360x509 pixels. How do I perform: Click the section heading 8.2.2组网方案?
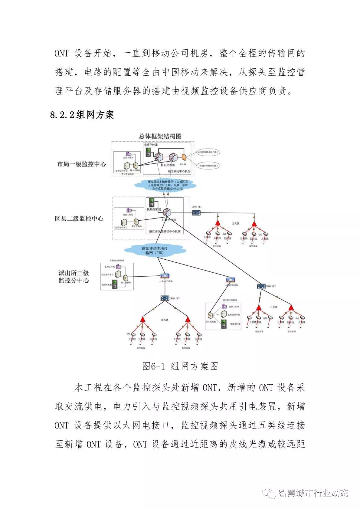(82, 115)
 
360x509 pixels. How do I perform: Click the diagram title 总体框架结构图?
(160, 136)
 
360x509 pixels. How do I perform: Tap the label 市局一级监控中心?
(82, 164)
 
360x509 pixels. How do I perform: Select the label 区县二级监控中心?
(79, 219)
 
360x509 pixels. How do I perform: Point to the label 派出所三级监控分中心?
(74, 277)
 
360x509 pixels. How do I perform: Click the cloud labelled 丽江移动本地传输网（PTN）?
(154, 250)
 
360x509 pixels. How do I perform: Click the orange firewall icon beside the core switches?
(183, 157)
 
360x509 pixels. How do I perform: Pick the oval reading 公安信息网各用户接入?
(209, 152)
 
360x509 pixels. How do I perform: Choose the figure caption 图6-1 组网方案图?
(180, 366)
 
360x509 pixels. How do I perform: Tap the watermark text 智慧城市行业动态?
(313, 493)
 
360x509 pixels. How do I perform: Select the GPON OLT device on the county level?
(196, 212)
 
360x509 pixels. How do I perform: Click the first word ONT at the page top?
(61, 53)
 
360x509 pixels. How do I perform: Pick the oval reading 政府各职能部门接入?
(209, 165)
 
